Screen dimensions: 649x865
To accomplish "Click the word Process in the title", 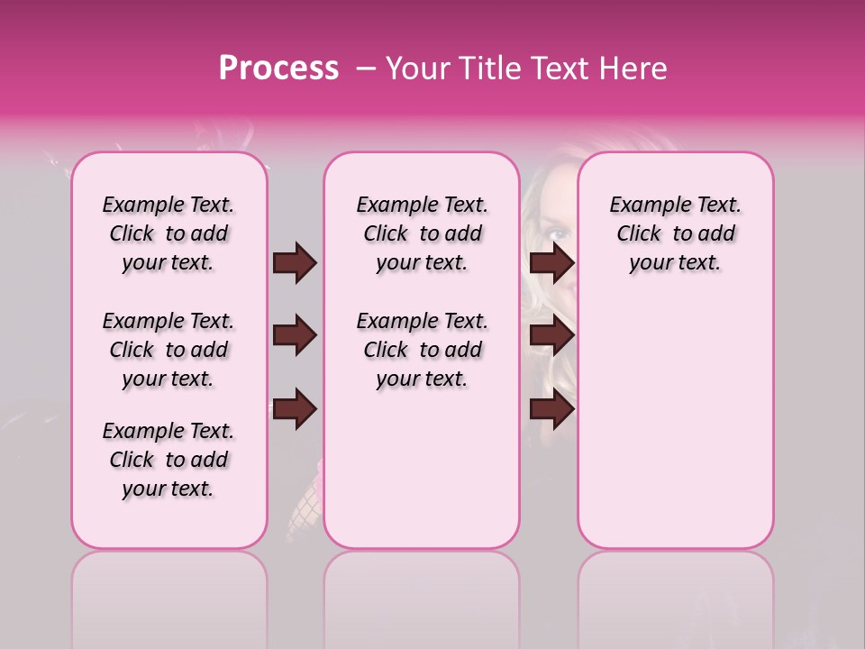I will (x=278, y=69).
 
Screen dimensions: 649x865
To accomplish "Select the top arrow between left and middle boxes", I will (x=295, y=263).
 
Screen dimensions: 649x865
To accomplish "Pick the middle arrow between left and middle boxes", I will (x=295, y=336).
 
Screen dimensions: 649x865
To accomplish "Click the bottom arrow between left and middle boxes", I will (x=295, y=410).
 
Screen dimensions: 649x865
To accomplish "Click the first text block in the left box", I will (x=168, y=233).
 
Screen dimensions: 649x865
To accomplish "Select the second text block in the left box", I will (x=168, y=350).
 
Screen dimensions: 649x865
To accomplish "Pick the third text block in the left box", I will (x=168, y=460).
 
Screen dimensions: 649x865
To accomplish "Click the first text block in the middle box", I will (x=422, y=233).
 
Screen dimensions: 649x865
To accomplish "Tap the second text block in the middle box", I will (x=422, y=350).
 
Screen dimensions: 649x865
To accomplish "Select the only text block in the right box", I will (x=675, y=233).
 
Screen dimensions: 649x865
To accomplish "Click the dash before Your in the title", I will (x=367, y=69).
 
